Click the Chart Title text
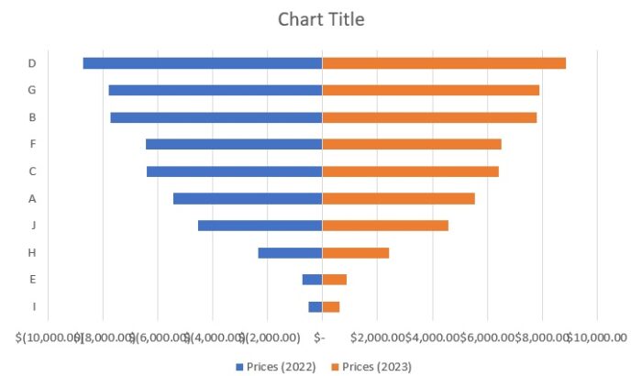pos(321,19)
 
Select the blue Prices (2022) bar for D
pos(202,63)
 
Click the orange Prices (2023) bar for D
pos(444,63)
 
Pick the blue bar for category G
pos(215,90)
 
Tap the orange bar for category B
pos(429,117)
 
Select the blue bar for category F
pos(234,144)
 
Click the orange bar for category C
pos(410,171)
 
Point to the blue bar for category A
pos(248,198)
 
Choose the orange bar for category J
pos(385,225)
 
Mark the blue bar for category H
pos(290,252)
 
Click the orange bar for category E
pos(334,279)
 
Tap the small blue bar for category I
pos(315,306)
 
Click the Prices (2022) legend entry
pos(276,366)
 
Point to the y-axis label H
pos(32,252)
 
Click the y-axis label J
pos(32,225)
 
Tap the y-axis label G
pos(32,90)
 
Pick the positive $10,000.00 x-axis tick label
pos(596,337)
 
